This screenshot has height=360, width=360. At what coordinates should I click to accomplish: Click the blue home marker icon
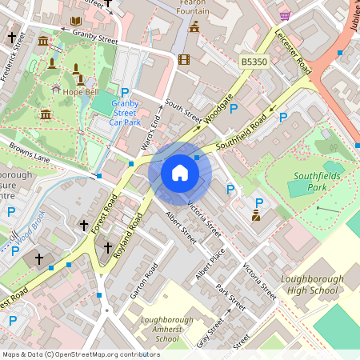(180, 172)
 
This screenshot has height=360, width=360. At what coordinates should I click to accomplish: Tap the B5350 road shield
(253, 62)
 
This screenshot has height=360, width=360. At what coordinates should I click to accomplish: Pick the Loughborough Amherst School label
(166, 329)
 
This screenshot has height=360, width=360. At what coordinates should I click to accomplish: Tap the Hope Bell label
(80, 92)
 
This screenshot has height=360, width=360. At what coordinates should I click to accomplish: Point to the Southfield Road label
(244, 133)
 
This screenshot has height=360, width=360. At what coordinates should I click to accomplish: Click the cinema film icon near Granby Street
(185, 59)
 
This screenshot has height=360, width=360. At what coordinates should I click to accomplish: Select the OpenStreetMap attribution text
(81, 354)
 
